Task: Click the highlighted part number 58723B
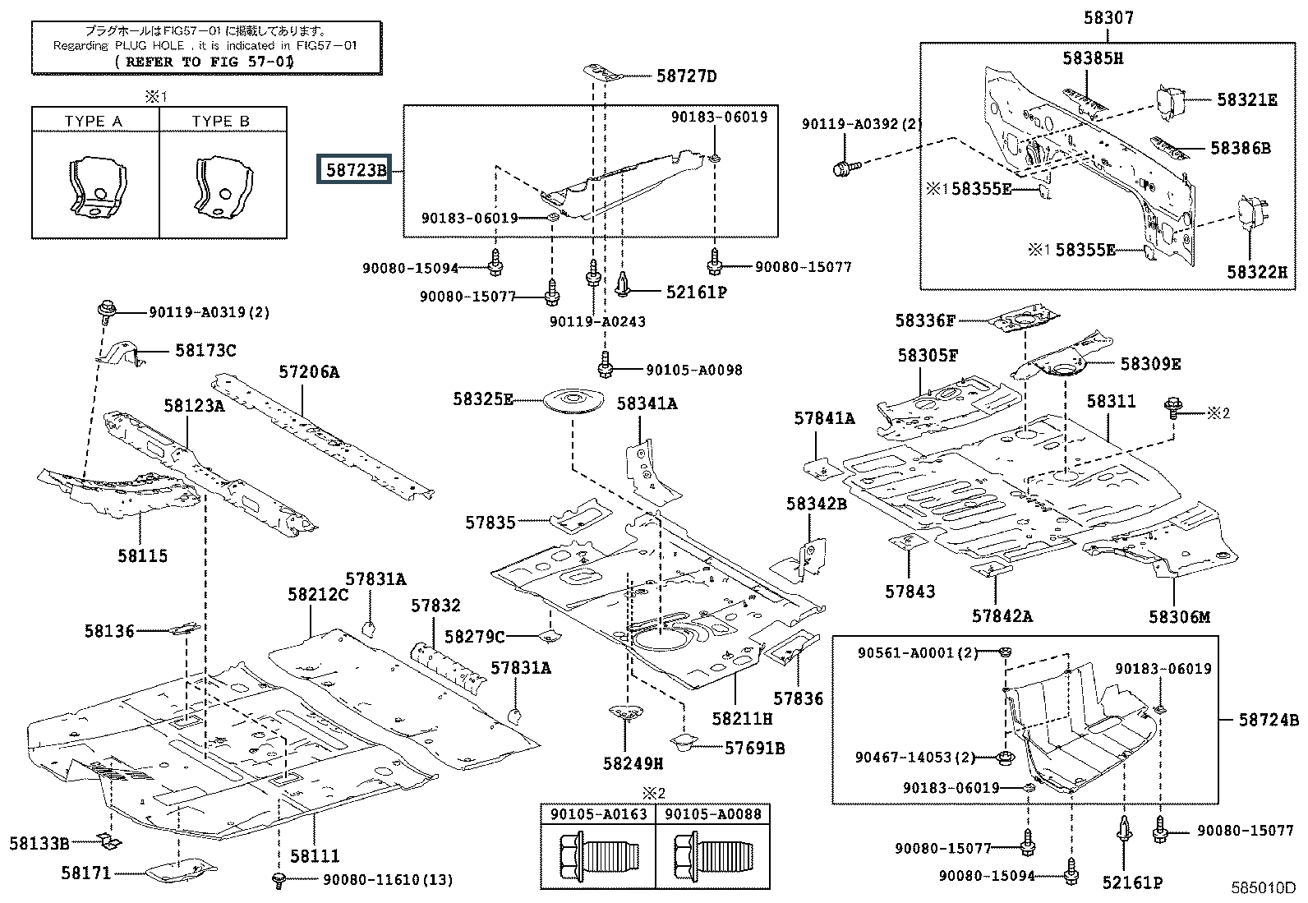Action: (x=356, y=171)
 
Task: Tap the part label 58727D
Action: (x=686, y=76)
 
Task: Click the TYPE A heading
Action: (x=94, y=122)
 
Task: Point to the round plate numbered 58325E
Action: (x=573, y=402)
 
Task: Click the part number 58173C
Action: (x=205, y=351)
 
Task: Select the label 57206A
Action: (x=308, y=372)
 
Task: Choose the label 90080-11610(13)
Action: (x=387, y=880)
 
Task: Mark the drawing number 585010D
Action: (x=1262, y=888)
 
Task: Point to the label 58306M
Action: (x=1179, y=617)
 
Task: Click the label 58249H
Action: (x=633, y=763)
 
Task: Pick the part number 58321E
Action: (x=1246, y=99)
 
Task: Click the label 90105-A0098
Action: (x=693, y=371)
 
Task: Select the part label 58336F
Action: (x=925, y=321)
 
